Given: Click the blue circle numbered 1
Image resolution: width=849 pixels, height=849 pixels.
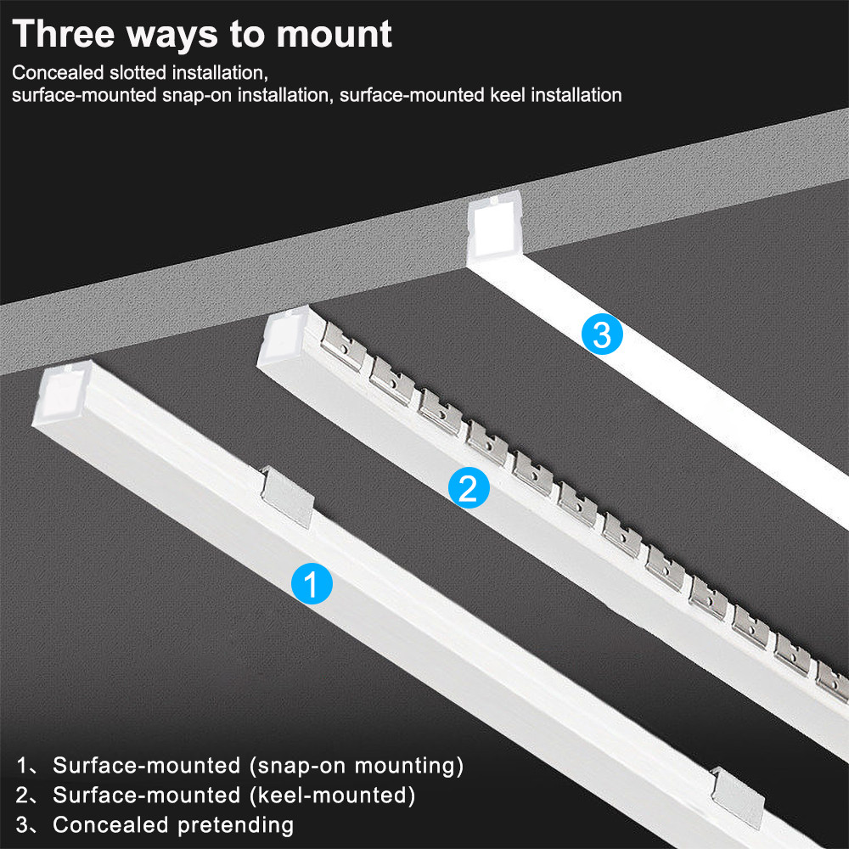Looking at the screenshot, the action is pos(312,584).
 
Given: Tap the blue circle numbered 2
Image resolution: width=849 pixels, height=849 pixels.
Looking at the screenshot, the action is pos(469,487).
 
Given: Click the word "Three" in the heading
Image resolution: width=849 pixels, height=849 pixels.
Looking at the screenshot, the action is pos(64,34).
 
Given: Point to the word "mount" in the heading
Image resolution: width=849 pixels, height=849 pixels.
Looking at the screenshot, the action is pos(334,35).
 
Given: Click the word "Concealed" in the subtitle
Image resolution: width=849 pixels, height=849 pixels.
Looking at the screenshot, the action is pos(58,72).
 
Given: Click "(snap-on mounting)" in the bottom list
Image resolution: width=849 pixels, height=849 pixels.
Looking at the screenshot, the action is pos(357,766).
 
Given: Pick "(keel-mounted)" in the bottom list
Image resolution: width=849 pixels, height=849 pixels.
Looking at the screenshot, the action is pos(333,796).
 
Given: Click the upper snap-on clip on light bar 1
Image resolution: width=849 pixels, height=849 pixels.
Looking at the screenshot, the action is pos(287,497).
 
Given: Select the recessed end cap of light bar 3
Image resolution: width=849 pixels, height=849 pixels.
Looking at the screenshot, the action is pos(494,228).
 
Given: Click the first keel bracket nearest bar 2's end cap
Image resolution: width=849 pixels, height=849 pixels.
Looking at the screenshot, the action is pos(343,346).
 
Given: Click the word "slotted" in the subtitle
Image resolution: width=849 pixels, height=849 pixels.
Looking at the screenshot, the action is pos(138,72).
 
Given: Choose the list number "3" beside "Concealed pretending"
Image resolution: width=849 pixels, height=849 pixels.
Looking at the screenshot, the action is pos(22,825).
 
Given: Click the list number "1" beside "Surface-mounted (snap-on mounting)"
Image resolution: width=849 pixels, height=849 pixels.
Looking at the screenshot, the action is pos(22,766).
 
